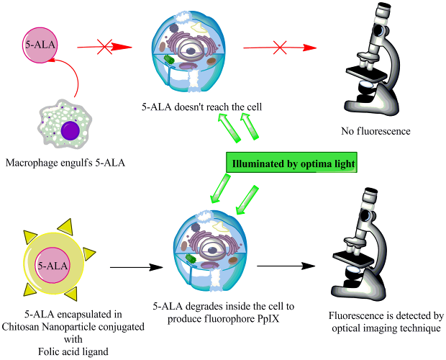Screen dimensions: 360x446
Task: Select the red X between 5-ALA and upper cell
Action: [x=105, y=48]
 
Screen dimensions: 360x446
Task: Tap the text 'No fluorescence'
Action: [x=376, y=132]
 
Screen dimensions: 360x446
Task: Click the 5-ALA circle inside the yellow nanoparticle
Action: [x=52, y=266]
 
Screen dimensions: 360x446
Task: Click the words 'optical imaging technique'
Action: [x=386, y=328]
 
